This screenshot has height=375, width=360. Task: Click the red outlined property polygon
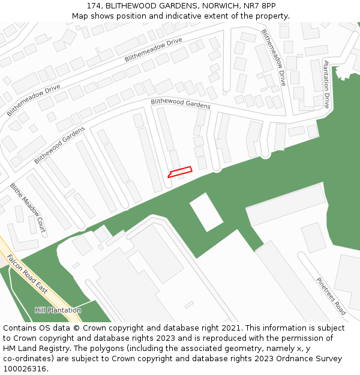pos(179,172)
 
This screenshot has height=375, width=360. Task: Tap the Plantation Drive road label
pos(327,83)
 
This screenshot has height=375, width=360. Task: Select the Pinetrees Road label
pos(331,296)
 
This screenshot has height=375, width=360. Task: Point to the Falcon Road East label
pos(27,277)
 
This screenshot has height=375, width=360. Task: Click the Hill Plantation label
pos(58,310)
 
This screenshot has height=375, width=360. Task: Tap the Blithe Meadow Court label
pos(28,208)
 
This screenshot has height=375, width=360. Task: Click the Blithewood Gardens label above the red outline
pos(181,103)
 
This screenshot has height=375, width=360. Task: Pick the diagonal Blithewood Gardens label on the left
pos(59,145)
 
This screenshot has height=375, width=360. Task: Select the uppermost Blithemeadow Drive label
pos(153,50)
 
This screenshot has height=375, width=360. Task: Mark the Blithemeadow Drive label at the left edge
pos(34,100)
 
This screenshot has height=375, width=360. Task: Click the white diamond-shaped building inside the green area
pos(206,212)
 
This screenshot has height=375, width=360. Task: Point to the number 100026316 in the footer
pos(23,368)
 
